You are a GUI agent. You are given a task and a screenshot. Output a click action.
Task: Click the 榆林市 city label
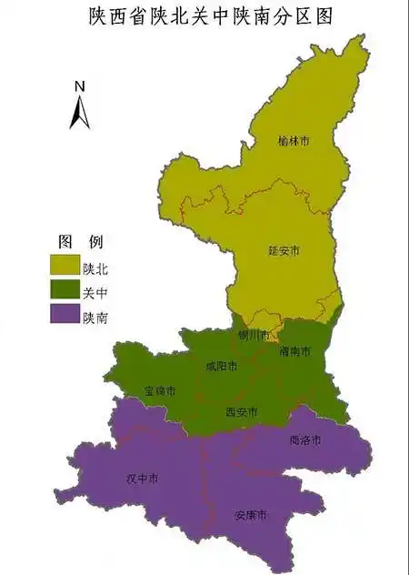click(294, 142)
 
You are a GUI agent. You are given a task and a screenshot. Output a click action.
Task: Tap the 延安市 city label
click(284, 249)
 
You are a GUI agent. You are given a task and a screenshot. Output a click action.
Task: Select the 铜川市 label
click(254, 335)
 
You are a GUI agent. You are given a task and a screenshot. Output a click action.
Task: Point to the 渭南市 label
click(295, 351)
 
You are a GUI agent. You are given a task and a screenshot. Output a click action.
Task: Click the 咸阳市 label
click(221, 367)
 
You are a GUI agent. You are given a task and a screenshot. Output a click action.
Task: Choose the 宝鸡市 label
click(159, 391)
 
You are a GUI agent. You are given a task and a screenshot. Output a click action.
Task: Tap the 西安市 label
click(241, 412)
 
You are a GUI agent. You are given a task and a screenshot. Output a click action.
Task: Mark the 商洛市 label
click(304, 440)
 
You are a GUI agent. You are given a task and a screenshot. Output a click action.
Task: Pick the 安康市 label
click(250, 515)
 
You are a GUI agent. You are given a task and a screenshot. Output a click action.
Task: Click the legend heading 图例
click(80, 242)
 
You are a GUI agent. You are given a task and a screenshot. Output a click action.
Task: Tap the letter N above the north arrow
click(80, 86)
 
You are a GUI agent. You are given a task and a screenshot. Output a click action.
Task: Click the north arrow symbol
click(80, 111)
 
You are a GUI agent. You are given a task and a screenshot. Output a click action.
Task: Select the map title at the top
click(204, 16)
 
